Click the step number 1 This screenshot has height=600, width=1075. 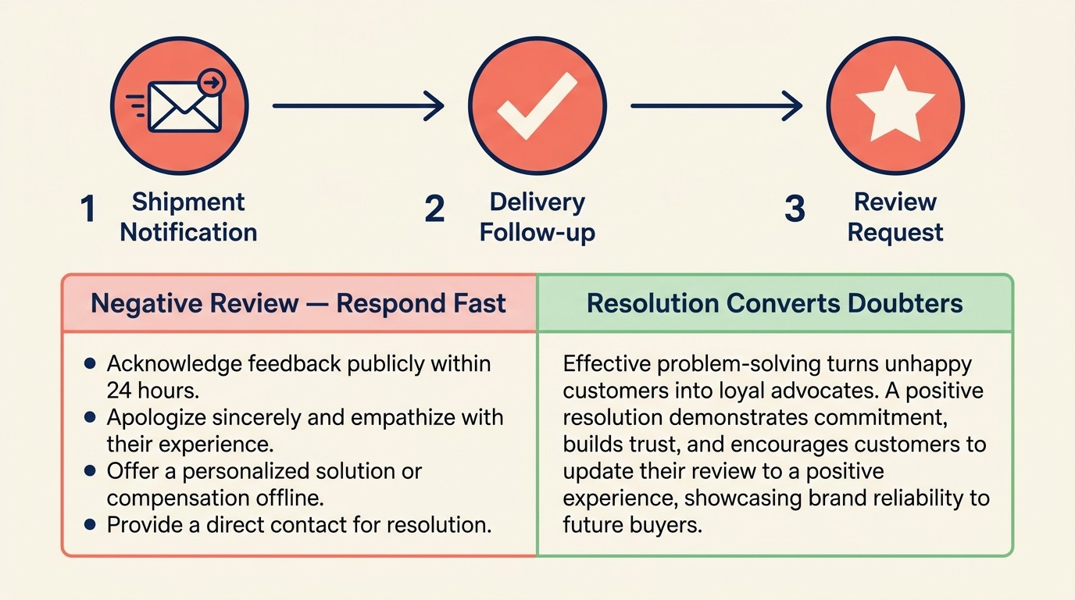(x=88, y=209)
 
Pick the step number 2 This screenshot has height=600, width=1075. (x=434, y=209)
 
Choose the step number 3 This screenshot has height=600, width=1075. (x=794, y=209)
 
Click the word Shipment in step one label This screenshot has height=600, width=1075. (x=188, y=202)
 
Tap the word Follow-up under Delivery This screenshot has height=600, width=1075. (x=537, y=233)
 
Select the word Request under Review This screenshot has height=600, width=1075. (x=895, y=233)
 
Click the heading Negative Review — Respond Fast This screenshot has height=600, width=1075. (x=298, y=304)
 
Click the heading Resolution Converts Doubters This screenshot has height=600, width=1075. (x=774, y=304)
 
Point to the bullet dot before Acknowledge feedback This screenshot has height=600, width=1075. (x=90, y=363)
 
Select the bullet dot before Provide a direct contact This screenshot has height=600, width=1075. (x=90, y=524)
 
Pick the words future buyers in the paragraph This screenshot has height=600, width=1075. (x=631, y=524)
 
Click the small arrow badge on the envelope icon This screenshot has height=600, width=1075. (x=212, y=80)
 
